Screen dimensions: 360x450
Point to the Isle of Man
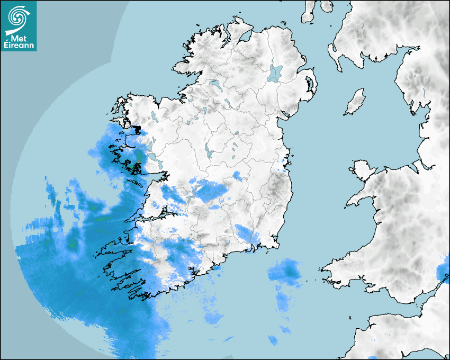(355, 102)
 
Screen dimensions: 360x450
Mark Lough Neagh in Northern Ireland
(275, 73)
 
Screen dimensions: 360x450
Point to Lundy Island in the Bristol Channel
(350, 318)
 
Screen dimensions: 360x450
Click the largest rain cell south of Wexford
(284, 272)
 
